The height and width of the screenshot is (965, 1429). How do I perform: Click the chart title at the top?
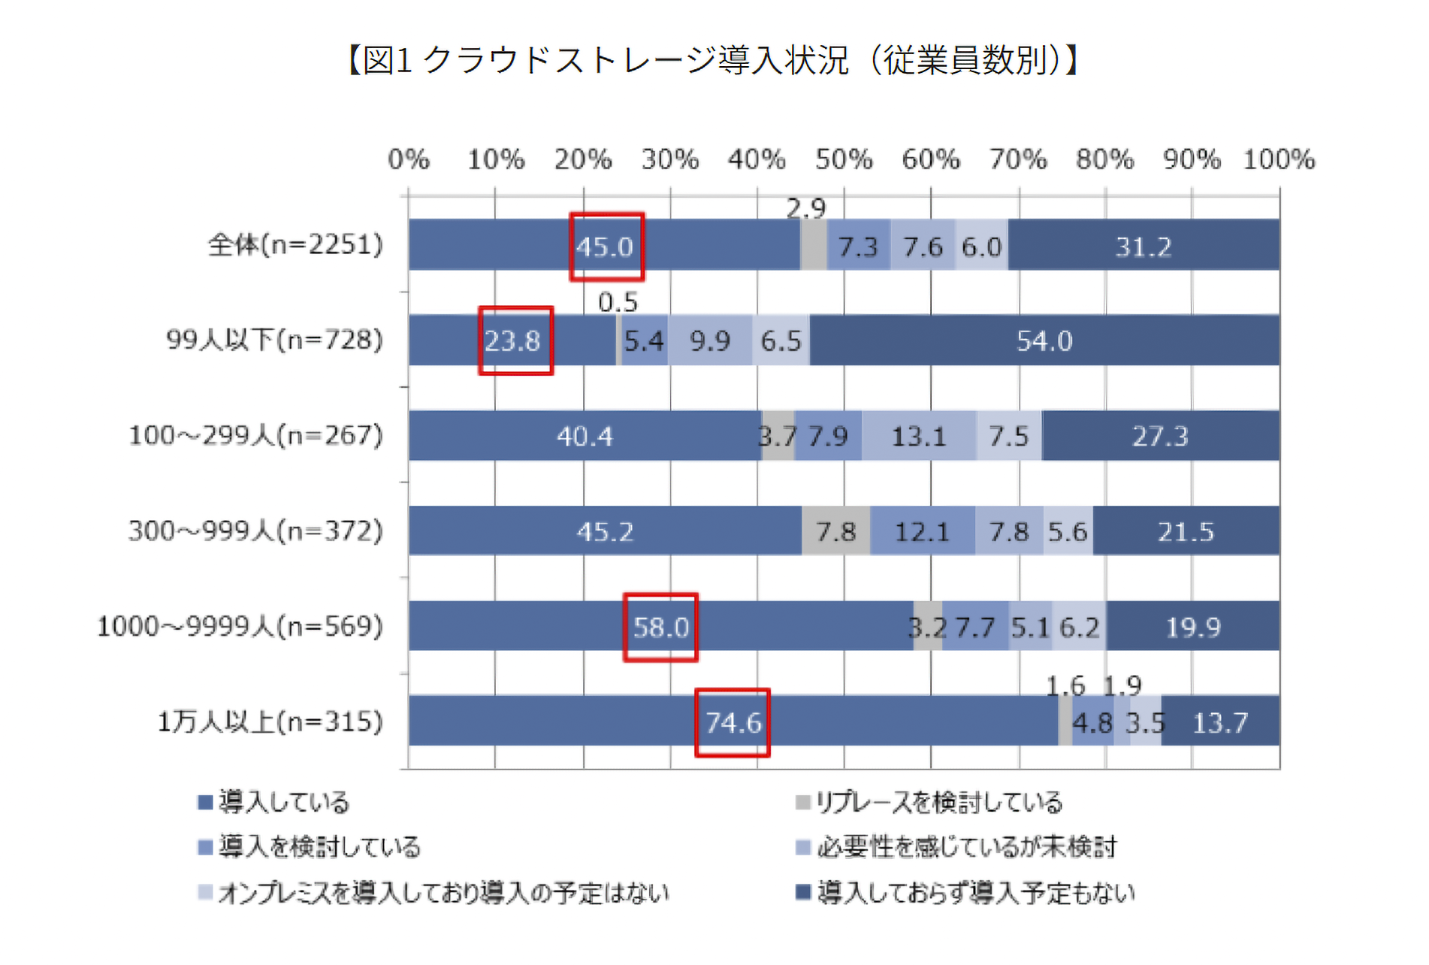[714, 60]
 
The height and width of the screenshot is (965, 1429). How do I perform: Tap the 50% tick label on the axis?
[844, 159]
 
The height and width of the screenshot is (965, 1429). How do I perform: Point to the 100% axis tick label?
[1279, 159]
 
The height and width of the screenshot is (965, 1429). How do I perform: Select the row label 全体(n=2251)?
[295, 245]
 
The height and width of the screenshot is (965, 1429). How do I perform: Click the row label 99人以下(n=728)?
[274, 340]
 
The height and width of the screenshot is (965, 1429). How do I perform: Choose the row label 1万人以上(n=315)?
[270, 722]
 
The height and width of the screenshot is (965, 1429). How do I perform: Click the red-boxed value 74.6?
[733, 723]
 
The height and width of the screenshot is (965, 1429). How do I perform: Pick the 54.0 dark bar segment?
[1044, 341]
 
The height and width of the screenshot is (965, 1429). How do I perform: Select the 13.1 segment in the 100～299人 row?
[918, 436]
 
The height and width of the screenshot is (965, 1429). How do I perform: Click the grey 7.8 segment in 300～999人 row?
[835, 532]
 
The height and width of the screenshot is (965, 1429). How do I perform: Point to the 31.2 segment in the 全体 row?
[1143, 247]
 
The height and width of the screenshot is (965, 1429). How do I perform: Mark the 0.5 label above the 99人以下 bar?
[618, 302]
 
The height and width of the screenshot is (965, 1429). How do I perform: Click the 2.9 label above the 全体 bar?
[806, 208]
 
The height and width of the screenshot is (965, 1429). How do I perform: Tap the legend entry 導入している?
[274, 803]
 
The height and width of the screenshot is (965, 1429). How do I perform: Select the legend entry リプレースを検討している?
[930, 803]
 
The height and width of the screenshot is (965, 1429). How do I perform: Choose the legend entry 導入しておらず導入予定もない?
[966, 893]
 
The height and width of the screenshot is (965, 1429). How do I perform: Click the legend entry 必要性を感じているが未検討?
[957, 848]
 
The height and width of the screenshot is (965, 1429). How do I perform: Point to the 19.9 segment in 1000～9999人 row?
[1192, 627]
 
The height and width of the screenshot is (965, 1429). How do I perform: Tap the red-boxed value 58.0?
[661, 628]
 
